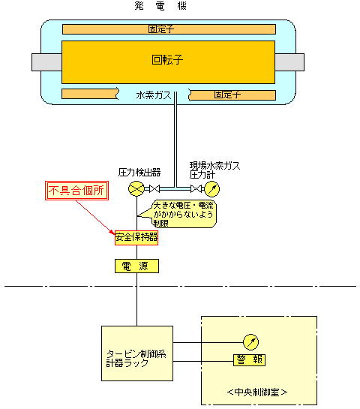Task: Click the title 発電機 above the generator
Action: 160,6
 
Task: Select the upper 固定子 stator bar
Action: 169,29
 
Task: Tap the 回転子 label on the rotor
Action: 167,60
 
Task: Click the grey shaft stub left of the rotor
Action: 46,62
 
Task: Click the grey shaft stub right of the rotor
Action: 289,62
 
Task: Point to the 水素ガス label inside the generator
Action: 154,95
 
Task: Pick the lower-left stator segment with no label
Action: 90,94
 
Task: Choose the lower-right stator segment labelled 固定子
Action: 232,95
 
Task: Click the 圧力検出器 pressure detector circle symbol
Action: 136,188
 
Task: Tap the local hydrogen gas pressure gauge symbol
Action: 211,188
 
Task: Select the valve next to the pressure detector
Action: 154,188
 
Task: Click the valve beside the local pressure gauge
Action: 196,188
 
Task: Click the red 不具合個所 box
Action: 76,191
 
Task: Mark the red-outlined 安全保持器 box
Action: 136,238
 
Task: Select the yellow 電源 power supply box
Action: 136,266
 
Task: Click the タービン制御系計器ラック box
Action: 137,353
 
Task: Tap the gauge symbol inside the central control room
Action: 250,342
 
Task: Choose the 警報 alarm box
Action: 249,360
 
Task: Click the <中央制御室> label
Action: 257,392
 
